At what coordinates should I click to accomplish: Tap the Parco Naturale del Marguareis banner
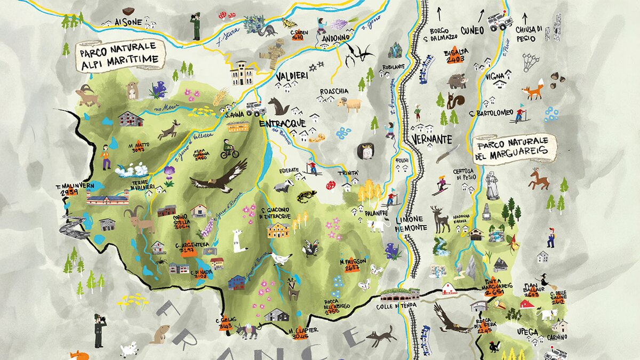[x=514, y=148]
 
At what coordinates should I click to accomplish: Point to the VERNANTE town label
[x=431, y=139]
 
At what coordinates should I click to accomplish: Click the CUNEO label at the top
[x=472, y=30]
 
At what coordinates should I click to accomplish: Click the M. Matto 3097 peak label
[x=139, y=148]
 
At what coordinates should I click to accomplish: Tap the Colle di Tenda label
[x=396, y=306]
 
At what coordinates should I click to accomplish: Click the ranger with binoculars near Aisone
[x=195, y=26]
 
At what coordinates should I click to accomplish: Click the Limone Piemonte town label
[x=411, y=223]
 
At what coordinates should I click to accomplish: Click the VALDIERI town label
[x=292, y=77]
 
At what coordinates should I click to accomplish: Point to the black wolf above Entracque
[x=278, y=106]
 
